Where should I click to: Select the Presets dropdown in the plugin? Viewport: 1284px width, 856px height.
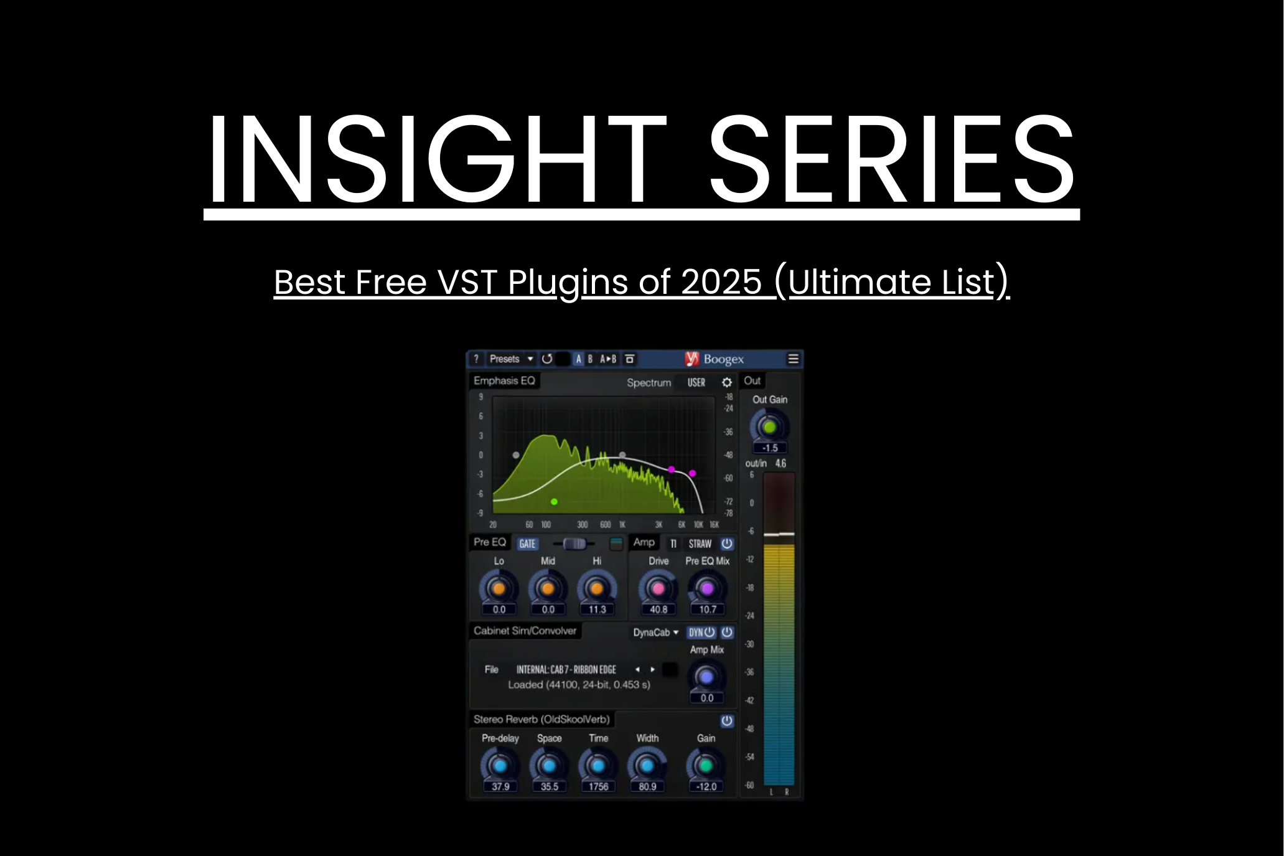click(x=511, y=359)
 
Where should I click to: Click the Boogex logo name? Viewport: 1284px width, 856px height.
click(x=723, y=359)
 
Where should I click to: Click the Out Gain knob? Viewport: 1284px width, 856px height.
click(x=769, y=428)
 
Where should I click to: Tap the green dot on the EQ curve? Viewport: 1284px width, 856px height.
click(x=554, y=501)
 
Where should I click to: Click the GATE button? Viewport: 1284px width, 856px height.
click(x=527, y=544)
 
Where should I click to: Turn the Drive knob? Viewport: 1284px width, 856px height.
click(x=658, y=588)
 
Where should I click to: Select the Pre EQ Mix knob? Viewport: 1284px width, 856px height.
click(x=707, y=588)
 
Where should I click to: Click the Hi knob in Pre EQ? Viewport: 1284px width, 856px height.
click(x=596, y=588)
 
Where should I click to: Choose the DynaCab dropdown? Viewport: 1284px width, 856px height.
click(x=655, y=633)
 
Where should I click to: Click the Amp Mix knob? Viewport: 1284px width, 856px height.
click(x=706, y=677)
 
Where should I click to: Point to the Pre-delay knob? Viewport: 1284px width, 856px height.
click(x=500, y=766)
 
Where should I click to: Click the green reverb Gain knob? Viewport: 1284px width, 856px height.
click(x=706, y=766)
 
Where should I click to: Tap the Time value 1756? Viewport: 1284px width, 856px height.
click(x=598, y=787)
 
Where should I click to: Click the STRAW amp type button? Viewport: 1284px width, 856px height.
click(x=700, y=544)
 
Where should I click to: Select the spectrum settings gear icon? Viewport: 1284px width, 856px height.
click(x=726, y=382)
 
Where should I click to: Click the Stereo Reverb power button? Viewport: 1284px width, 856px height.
click(x=726, y=721)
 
